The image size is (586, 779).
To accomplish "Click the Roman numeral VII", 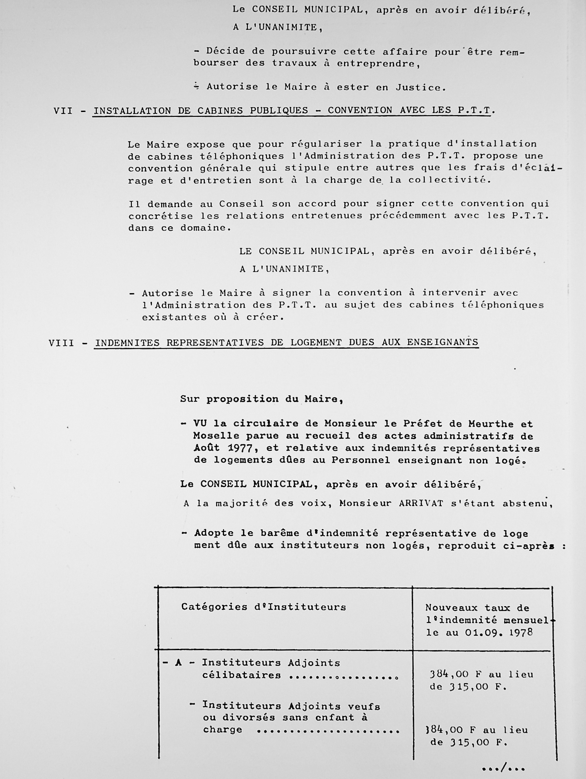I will (x=63, y=111).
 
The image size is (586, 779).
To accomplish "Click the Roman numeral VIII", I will (x=62, y=343).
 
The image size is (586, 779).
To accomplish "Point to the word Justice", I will (x=420, y=87).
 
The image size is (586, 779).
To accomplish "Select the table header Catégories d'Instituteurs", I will (x=263, y=607).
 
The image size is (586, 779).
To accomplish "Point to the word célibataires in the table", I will (x=242, y=676).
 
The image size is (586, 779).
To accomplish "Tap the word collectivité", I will (x=449, y=180).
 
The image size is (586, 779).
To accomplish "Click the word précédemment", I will (x=408, y=215).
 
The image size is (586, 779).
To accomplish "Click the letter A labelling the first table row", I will (x=178, y=663).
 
